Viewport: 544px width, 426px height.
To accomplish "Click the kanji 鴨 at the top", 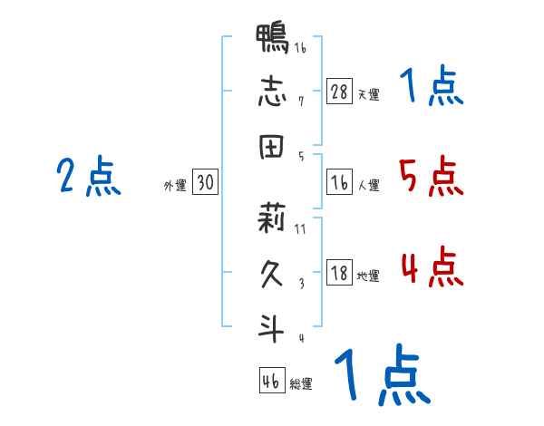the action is (x=273, y=41).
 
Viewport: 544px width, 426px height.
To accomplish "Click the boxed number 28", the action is (x=340, y=92).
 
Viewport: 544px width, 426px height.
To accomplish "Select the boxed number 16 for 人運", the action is (x=340, y=183).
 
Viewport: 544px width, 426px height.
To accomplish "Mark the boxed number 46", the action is (x=271, y=382).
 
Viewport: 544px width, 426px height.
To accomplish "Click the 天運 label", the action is (x=368, y=94).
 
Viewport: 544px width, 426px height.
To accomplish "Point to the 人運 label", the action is (x=368, y=186).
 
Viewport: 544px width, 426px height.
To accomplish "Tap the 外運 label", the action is (x=174, y=186).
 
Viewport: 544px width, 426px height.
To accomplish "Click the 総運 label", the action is (x=300, y=384).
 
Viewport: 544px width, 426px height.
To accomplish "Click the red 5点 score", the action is (x=432, y=176).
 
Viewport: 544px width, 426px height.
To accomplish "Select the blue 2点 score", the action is (x=89, y=176).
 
